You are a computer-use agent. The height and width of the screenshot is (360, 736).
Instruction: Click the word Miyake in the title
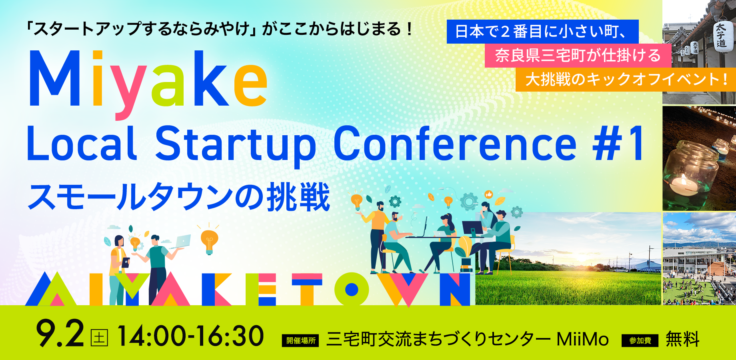click(x=148, y=84)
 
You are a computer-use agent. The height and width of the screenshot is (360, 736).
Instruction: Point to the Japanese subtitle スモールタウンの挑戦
click(x=179, y=197)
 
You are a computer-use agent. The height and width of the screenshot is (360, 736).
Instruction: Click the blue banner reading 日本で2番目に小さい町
click(x=542, y=32)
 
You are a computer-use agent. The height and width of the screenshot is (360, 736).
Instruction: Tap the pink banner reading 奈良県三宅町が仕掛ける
click(x=578, y=56)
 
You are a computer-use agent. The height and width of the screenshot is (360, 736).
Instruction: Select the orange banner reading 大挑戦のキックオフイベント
click(x=626, y=79)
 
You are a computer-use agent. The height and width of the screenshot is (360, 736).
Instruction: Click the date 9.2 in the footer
click(x=60, y=334)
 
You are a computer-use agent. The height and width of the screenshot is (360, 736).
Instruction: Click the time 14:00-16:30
click(x=191, y=336)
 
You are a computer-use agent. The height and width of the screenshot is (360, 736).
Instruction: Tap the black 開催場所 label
click(x=300, y=341)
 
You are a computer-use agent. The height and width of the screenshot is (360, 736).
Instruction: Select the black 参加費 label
click(x=640, y=341)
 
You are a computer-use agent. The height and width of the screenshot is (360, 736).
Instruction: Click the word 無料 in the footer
click(x=682, y=339)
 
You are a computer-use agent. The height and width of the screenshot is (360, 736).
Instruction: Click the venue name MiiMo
click(x=582, y=339)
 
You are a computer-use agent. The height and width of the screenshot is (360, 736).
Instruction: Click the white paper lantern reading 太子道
click(x=721, y=35)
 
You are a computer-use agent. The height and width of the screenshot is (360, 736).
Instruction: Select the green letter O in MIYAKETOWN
click(x=352, y=289)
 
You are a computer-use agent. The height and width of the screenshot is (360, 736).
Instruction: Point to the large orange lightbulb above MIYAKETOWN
click(x=209, y=241)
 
